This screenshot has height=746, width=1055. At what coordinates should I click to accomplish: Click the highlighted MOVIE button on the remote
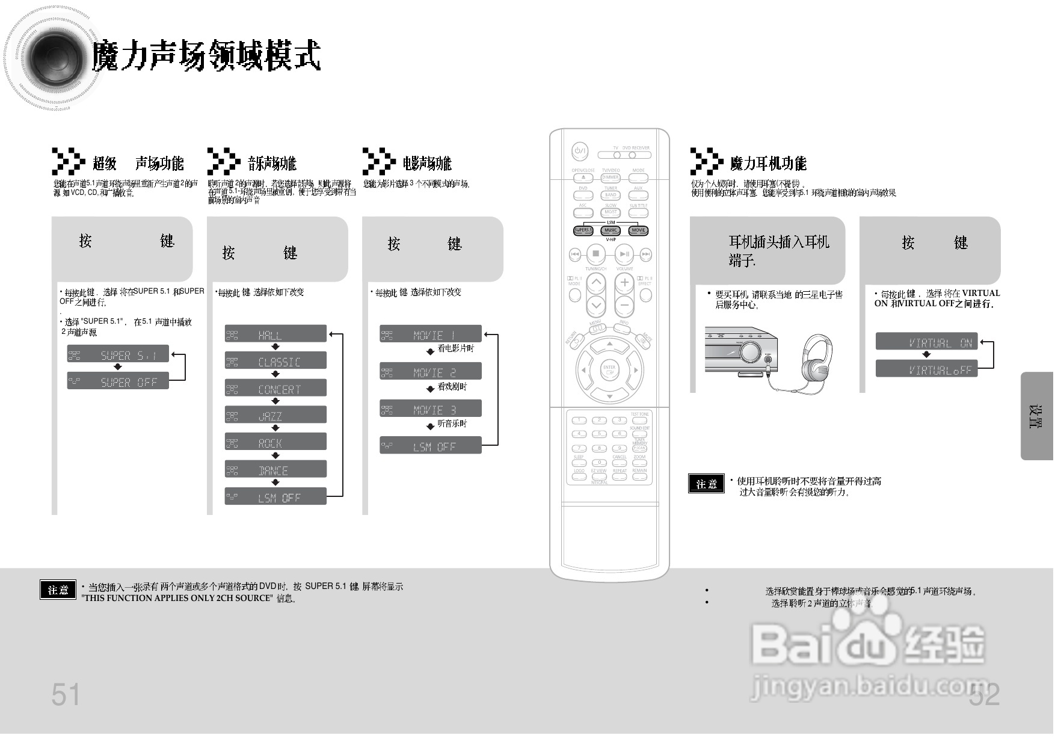(638, 230)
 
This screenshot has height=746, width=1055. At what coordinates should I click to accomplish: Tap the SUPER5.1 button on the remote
(583, 230)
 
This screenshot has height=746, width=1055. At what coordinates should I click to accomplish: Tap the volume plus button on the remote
(624, 282)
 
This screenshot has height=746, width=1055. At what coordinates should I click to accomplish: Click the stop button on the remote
(595, 254)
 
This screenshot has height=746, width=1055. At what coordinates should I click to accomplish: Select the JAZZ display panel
(275, 415)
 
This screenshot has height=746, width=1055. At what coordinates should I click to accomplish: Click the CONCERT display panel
(275, 389)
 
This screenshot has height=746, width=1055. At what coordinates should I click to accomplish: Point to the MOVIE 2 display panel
(430, 372)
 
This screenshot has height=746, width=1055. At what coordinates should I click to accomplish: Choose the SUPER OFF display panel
(118, 381)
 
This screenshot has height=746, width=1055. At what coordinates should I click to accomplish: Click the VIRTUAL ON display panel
(926, 342)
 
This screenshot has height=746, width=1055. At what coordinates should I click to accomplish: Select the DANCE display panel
(275, 470)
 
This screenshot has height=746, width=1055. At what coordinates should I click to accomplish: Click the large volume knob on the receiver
(750, 351)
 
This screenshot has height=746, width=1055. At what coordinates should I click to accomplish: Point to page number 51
(66, 695)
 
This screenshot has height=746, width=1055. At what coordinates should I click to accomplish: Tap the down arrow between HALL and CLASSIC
(275, 347)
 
